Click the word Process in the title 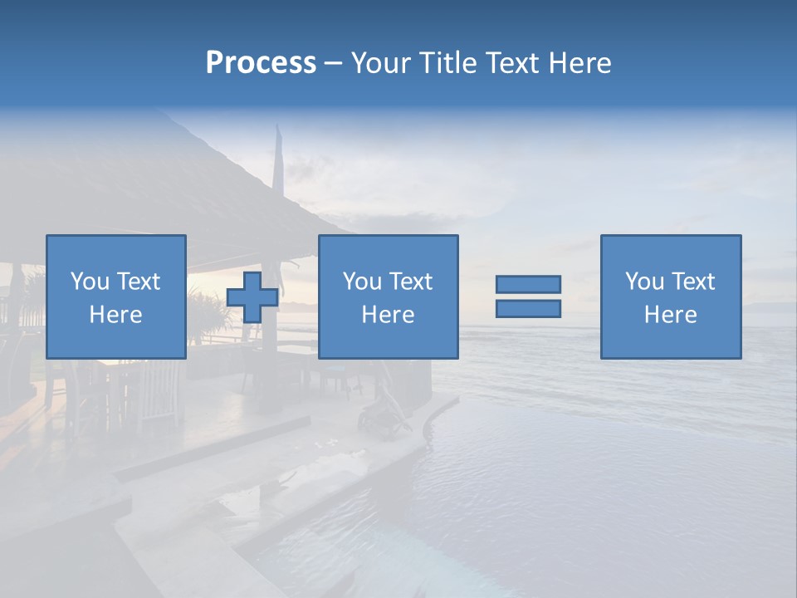tap(261, 63)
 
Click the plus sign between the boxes tap(252, 297)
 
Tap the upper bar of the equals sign tap(528, 285)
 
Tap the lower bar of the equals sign tap(528, 309)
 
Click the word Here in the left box tap(115, 315)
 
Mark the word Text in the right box tap(693, 282)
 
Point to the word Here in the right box tap(670, 315)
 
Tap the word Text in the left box tap(138, 282)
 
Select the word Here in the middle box tap(388, 315)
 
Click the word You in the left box tap(90, 282)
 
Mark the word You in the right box tap(645, 282)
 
